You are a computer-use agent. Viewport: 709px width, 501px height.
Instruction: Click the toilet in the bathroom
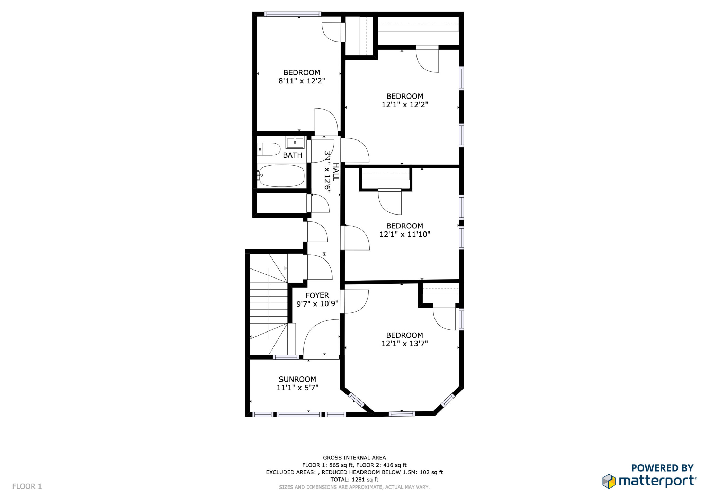[x=270, y=149]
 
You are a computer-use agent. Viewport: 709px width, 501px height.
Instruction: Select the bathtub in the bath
[x=281, y=175]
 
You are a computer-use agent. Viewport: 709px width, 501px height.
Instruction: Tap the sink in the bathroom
[x=295, y=142]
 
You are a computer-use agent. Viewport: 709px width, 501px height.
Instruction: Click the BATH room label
[x=293, y=155]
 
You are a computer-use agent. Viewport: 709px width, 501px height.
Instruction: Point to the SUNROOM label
[x=297, y=379]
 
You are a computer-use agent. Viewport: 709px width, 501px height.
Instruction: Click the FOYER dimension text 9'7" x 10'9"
[x=317, y=304]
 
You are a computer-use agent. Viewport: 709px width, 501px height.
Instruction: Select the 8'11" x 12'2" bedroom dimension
[x=302, y=81]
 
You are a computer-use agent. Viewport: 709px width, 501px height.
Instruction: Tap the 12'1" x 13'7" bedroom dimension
[x=404, y=344]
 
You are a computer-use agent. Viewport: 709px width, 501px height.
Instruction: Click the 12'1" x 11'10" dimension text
[x=404, y=234]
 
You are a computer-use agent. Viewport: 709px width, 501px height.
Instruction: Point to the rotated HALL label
[x=335, y=172]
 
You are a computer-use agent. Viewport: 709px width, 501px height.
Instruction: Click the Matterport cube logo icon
[x=609, y=481]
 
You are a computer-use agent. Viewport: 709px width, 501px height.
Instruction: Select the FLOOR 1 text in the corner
[x=27, y=486]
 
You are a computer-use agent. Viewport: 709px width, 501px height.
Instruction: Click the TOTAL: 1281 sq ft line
[x=354, y=480]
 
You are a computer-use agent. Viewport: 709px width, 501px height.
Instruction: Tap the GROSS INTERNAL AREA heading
[x=354, y=458]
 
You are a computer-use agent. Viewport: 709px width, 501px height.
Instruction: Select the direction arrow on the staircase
[x=285, y=268]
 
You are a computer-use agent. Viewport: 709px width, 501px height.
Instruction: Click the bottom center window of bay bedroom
[x=402, y=413]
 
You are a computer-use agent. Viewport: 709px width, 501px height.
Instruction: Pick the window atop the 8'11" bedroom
[x=293, y=14]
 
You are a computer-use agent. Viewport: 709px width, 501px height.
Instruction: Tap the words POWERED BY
[x=662, y=468]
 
